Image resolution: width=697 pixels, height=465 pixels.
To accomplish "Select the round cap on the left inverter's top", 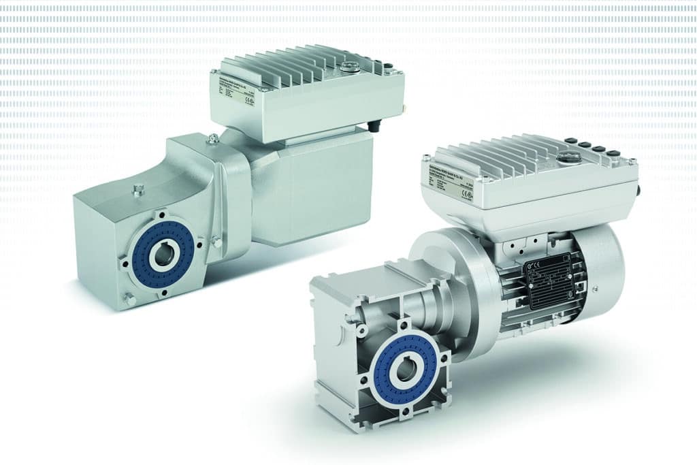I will click(x=352, y=67).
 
